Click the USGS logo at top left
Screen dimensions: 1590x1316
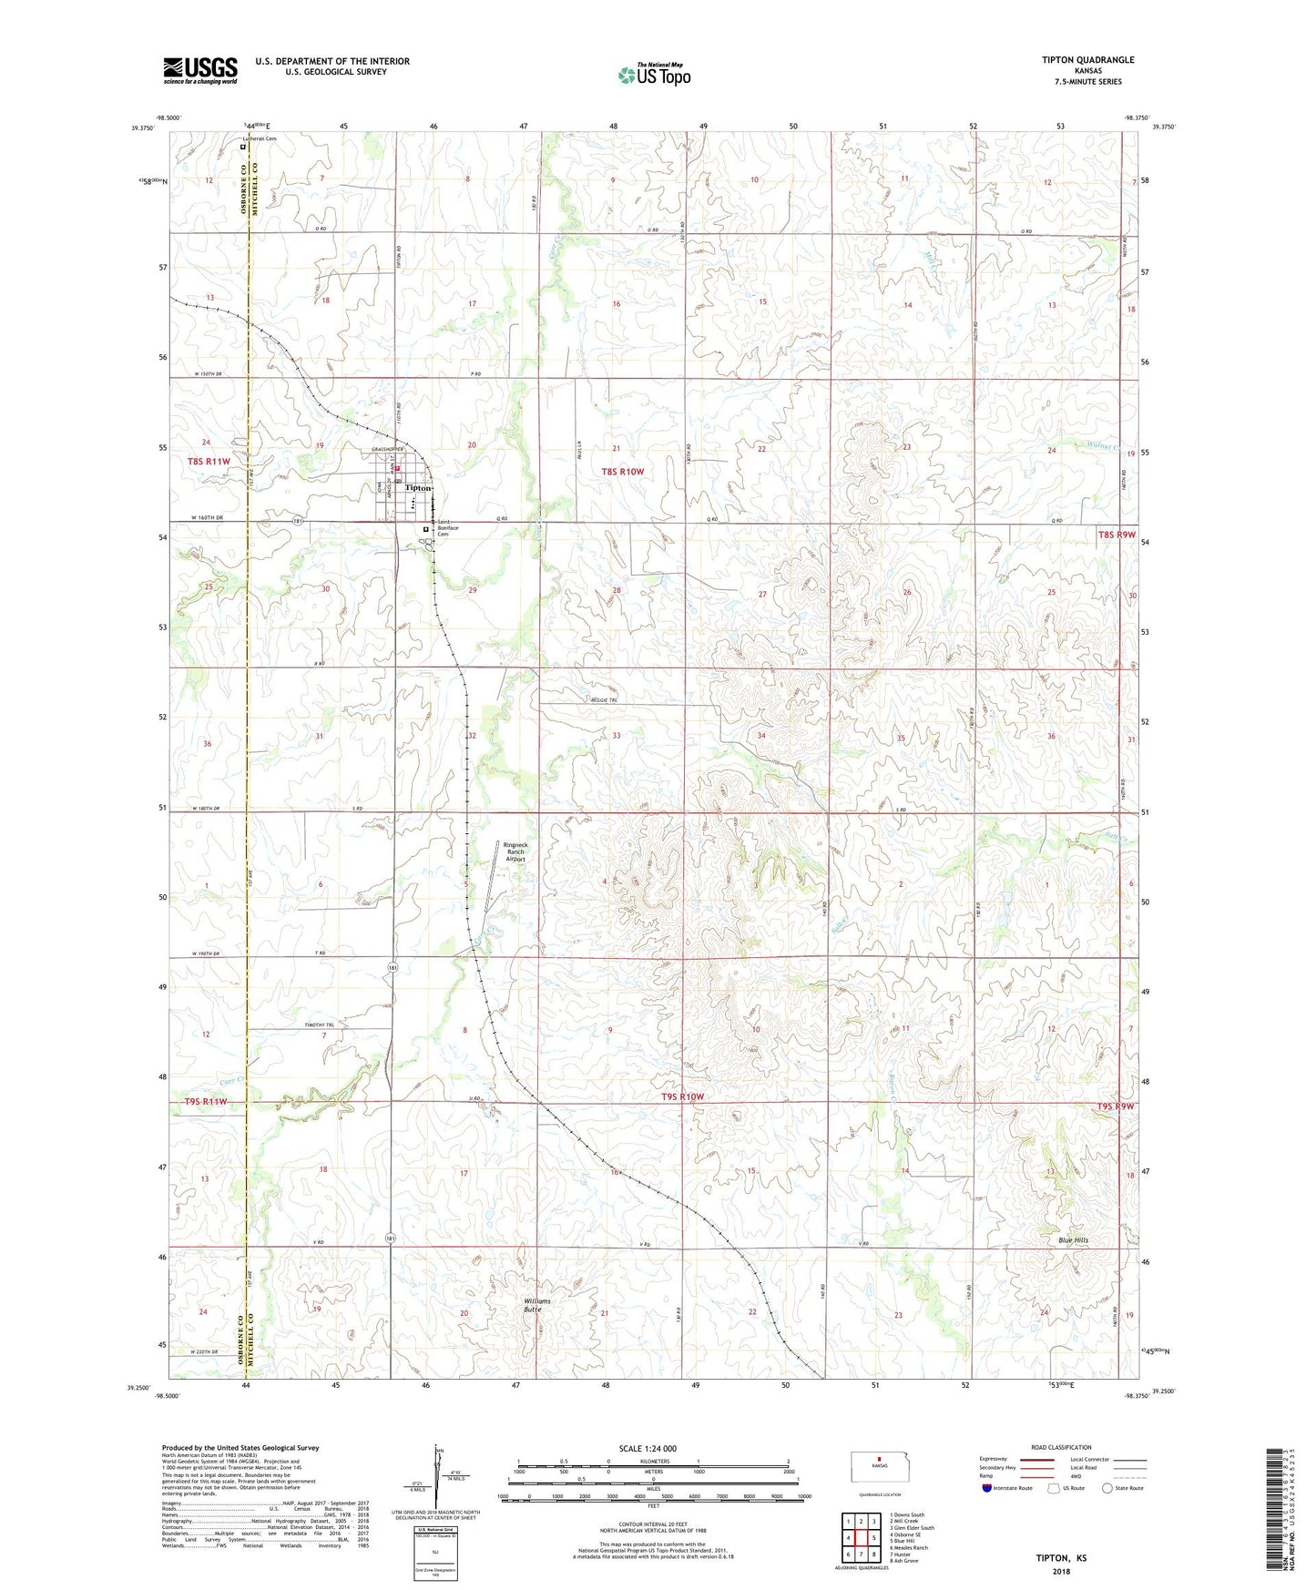[200, 69]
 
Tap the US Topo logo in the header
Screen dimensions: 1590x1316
[653, 75]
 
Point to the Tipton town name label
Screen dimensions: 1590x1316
[417, 488]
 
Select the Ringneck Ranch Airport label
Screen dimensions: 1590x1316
[515, 851]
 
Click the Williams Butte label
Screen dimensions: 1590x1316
[536, 1305]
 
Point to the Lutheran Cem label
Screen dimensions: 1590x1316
[259, 138]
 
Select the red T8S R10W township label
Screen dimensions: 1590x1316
[623, 471]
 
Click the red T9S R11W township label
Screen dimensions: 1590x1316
[205, 1101]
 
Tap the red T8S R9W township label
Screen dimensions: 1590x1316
[1117, 535]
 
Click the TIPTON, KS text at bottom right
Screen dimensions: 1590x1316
[1061, 1558]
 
